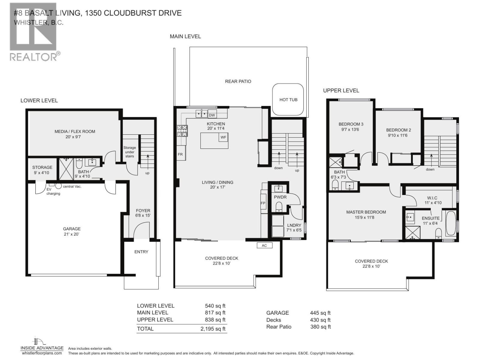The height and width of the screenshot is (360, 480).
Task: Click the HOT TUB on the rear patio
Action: click(288, 100)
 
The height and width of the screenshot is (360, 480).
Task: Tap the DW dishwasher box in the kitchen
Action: click(212, 115)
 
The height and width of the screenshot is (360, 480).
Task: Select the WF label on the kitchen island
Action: click(223, 137)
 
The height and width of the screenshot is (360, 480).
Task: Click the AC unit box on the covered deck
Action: click(264, 245)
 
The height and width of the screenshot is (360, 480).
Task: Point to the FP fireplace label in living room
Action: click(263, 203)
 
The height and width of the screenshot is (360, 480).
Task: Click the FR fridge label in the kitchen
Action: click(180, 154)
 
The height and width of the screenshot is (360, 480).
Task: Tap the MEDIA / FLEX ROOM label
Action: click(75, 131)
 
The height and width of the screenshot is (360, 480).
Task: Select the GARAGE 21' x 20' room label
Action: click(72, 231)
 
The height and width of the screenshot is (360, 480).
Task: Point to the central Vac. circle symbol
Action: click(58, 186)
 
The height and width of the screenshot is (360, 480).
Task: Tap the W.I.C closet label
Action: click(432, 198)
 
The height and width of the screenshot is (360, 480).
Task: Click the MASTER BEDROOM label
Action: click(366, 212)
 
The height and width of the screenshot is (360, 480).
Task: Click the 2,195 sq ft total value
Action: click(213, 329)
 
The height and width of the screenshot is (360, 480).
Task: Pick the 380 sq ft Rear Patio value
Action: click(320, 327)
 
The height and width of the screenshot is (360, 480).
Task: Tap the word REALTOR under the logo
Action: click(33, 57)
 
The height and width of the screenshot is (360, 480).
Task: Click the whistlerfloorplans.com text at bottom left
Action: click(42, 353)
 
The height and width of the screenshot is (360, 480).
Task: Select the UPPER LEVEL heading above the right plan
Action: click(341, 91)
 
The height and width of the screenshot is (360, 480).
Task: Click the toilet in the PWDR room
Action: click(279, 206)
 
